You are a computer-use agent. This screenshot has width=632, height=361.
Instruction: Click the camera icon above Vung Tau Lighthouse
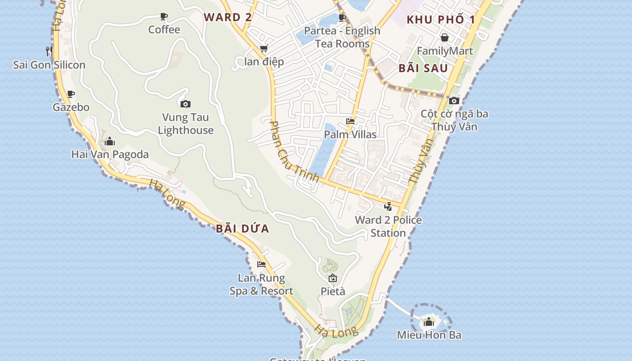[x=185, y=104]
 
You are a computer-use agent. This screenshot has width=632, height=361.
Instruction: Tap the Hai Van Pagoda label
[x=110, y=154]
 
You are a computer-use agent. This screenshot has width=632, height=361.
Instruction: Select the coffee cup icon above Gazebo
[x=71, y=94]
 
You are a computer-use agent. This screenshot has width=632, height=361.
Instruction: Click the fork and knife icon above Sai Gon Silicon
[x=49, y=51]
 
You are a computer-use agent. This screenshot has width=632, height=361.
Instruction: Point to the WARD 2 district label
[x=228, y=18]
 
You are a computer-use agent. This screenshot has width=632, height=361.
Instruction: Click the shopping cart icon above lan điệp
[x=264, y=48]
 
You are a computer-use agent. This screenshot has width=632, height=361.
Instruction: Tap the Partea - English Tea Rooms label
[x=342, y=37]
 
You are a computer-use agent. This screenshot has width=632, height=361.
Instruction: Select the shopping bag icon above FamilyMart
[x=445, y=37]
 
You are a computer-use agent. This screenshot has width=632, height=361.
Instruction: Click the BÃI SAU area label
[x=423, y=69]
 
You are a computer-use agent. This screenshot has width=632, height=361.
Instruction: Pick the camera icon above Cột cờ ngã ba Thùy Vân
[x=454, y=101]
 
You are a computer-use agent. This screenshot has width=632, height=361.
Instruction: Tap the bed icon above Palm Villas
[x=350, y=121]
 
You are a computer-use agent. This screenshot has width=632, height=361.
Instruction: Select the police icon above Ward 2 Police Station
[x=388, y=207]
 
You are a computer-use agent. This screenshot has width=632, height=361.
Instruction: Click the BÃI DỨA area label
[x=242, y=229]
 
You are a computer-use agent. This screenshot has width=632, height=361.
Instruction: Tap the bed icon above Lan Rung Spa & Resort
[x=261, y=264]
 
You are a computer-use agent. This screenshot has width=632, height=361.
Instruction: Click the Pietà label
[x=333, y=292]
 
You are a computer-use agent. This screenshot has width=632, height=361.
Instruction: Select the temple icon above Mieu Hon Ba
[x=429, y=322]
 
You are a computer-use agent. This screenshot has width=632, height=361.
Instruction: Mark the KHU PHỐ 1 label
[x=441, y=20]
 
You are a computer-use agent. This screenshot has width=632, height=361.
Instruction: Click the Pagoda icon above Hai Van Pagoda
[x=110, y=141]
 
